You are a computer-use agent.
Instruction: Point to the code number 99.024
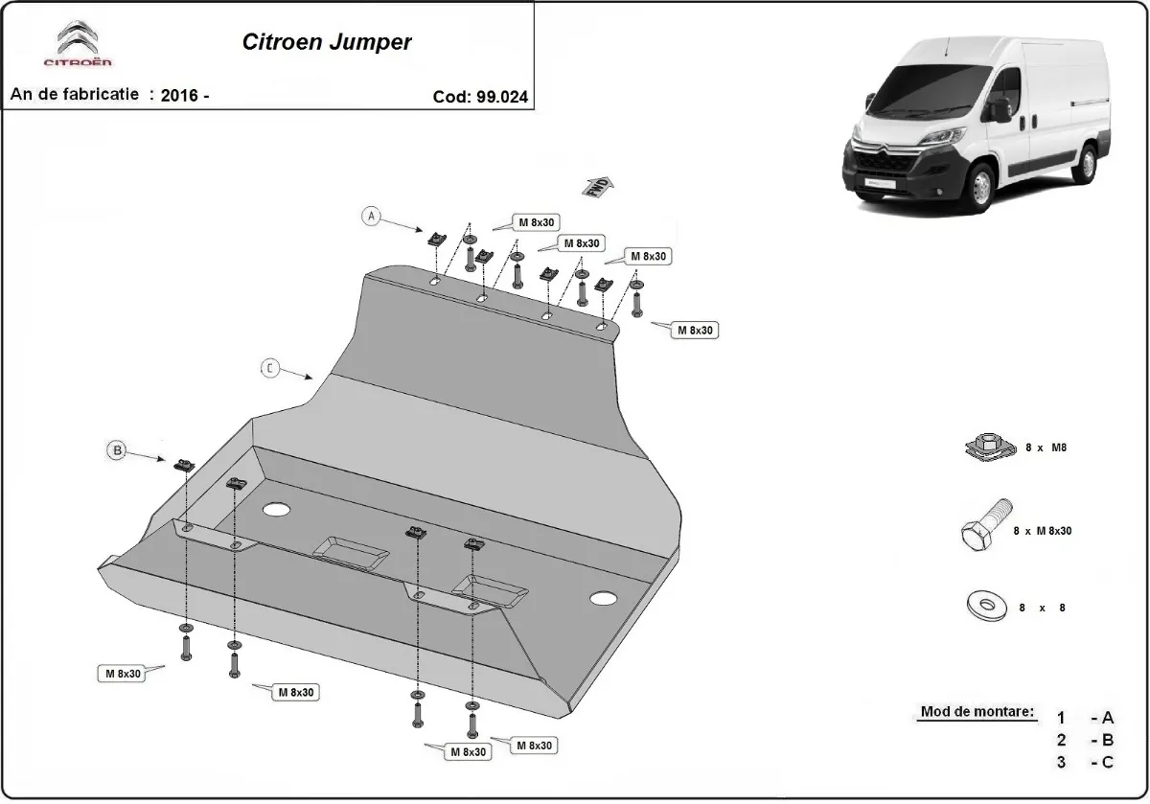502,96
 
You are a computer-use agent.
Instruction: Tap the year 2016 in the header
180,95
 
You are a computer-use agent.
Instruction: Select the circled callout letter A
370,217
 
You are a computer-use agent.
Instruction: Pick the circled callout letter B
117,449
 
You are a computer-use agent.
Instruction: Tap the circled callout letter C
270,368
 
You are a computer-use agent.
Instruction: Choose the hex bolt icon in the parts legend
982,526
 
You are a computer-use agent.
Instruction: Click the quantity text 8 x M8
1046,447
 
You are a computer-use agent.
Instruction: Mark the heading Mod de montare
977,712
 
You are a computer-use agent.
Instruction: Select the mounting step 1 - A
1087,718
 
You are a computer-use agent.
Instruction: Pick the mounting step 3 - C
1087,762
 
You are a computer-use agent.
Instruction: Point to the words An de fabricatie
75,95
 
